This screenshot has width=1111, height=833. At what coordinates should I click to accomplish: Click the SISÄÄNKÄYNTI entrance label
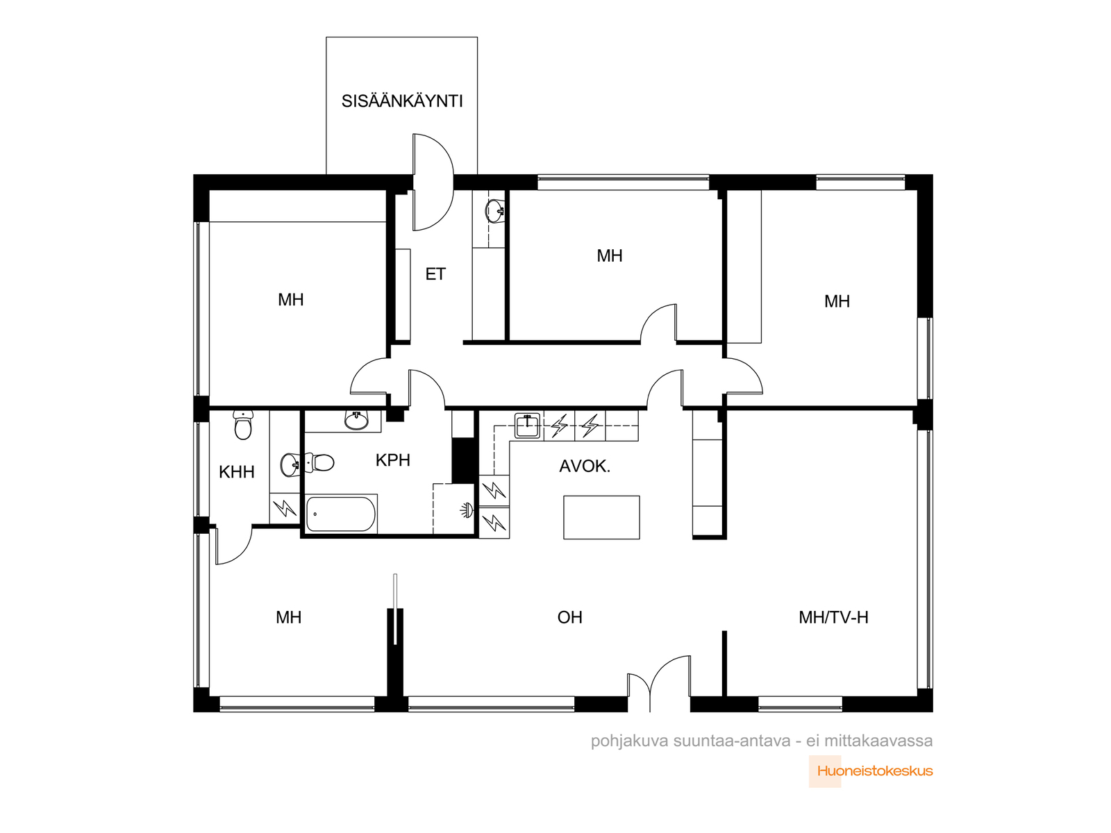(402, 101)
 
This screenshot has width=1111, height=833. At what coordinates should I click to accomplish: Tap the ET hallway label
(435, 274)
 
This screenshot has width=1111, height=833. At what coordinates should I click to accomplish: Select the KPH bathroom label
(393, 460)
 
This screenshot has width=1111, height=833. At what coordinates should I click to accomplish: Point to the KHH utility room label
(236, 472)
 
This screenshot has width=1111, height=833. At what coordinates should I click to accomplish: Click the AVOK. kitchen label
(585, 466)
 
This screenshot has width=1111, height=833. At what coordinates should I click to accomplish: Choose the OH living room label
(569, 617)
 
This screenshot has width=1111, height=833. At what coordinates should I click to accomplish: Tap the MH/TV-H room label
(833, 617)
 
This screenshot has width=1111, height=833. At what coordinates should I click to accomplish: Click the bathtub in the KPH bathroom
(341, 514)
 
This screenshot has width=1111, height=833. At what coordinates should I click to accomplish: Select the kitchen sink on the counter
(528, 426)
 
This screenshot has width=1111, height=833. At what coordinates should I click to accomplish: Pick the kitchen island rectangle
(601, 517)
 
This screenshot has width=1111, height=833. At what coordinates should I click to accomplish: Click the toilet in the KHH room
(244, 425)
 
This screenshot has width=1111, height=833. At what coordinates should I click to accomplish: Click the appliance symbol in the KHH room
(285, 508)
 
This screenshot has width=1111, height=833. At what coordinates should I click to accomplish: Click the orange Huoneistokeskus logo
(871, 771)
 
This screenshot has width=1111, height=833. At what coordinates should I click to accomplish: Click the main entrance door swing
(433, 182)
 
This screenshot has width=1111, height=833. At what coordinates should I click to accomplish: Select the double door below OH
(659, 683)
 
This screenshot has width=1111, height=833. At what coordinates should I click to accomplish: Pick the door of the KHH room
(233, 545)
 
